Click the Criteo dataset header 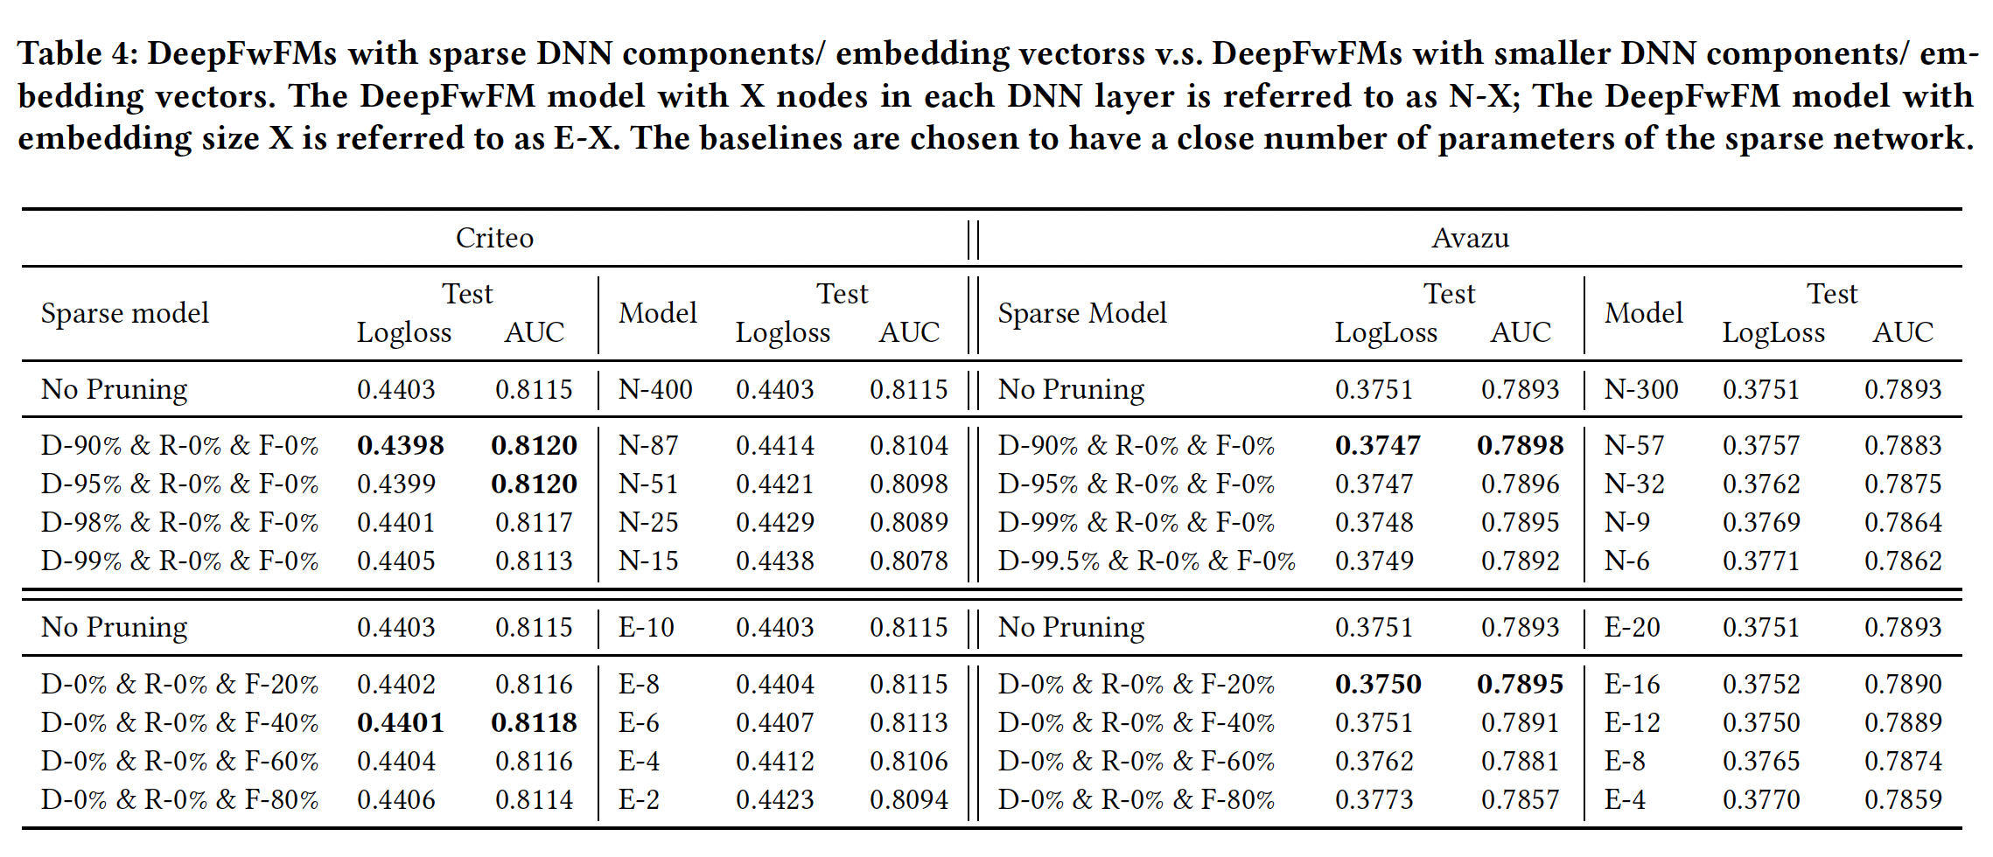tap(494, 238)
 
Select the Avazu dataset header tap(1470, 238)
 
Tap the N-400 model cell tap(655, 389)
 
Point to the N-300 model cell tap(1640, 389)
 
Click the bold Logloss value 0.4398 tap(400, 445)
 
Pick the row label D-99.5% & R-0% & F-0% tap(1146, 561)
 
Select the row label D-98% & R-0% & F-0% tap(179, 522)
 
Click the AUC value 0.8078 tap(908, 561)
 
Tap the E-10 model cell tap(646, 627)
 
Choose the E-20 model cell tap(1632, 627)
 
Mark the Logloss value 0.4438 tap(774, 561)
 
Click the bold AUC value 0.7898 tap(1520, 445)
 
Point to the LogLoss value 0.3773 tap(1374, 799)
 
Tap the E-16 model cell tap(1632, 684)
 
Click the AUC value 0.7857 tap(1520, 799)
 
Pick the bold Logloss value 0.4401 tap(400, 722)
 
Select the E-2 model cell tap(639, 799)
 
